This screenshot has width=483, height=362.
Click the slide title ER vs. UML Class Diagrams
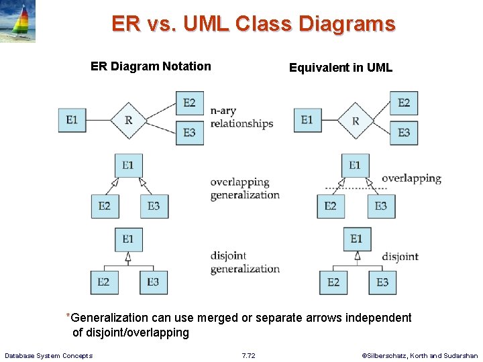pyautogui.click(x=253, y=24)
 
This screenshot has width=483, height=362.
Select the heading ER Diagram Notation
pyautogui.click(x=150, y=66)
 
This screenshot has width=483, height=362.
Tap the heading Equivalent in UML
pyautogui.click(x=340, y=68)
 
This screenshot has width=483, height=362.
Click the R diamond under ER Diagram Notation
pyautogui.click(x=128, y=121)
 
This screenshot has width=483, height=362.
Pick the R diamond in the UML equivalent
pyautogui.click(x=356, y=121)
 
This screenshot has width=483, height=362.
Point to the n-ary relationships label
pyautogui.click(x=241, y=117)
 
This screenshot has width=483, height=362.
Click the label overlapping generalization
pyautogui.click(x=244, y=188)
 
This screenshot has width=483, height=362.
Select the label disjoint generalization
pyautogui.click(x=244, y=262)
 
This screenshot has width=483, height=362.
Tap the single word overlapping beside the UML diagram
pyautogui.click(x=411, y=178)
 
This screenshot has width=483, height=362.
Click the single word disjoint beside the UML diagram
pyautogui.click(x=400, y=256)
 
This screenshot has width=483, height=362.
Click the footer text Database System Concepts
pyautogui.click(x=49, y=355)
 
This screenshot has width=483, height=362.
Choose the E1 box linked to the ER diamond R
pyautogui.click(x=72, y=121)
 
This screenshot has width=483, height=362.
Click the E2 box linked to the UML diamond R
pyautogui.click(x=403, y=103)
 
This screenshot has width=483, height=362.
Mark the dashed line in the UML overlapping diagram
pyautogui.click(x=356, y=188)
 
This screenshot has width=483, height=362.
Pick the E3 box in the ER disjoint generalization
pyautogui.click(x=154, y=282)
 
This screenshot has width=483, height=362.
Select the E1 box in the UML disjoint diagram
pyautogui.click(x=357, y=239)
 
